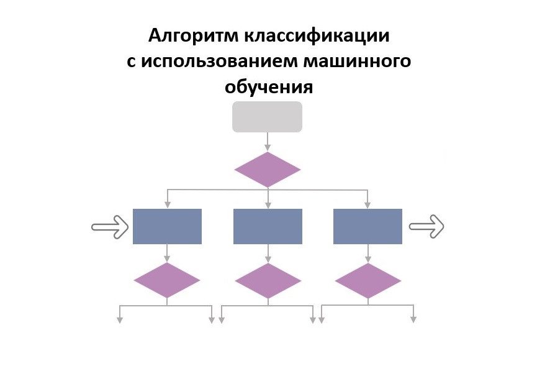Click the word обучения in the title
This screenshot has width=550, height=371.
click(269, 87)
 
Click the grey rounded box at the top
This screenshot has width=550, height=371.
click(267, 117)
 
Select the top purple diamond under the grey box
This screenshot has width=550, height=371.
click(268, 170)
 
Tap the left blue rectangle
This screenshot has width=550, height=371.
click(167, 226)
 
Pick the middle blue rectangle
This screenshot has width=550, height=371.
click(268, 226)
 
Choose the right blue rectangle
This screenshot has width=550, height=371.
click(367, 226)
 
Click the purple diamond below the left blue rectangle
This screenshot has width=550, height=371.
click(167, 280)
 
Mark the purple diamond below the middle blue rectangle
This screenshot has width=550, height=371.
click(268, 280)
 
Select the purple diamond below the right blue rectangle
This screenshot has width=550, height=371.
click(368, 280)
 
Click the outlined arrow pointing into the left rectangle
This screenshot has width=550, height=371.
click(109, 226)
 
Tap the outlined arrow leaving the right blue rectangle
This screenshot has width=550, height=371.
click(427, 226)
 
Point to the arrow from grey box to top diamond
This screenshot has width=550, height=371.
click(268, 141)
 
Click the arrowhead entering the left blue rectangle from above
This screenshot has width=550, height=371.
click(167, 204)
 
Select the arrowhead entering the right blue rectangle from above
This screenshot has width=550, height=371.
click(367, 204)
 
